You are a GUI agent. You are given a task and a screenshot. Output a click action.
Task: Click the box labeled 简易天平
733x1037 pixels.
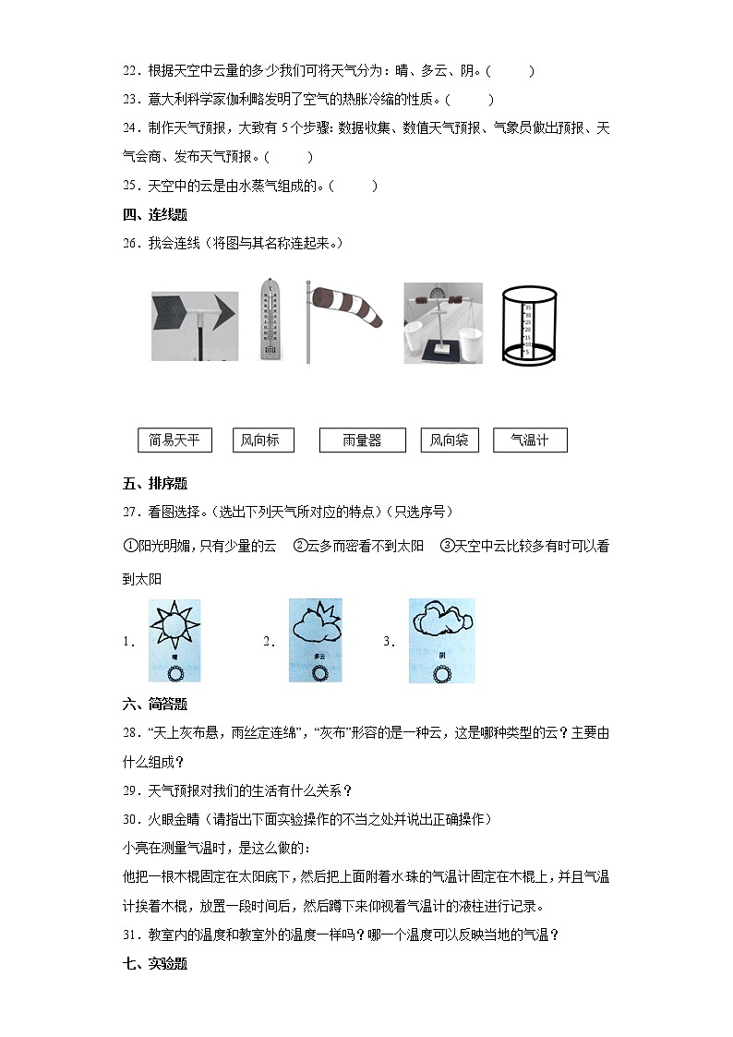pyautogui.click(x=174, y=440)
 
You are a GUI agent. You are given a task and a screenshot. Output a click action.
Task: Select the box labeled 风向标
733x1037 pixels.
pyautogui.click(x=260, y=440)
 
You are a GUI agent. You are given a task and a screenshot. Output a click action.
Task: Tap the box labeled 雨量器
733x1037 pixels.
pyautogui.click(x=362, y=440)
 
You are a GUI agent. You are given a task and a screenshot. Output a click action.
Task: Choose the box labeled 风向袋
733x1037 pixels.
pyautogui.click(x=450, y=440)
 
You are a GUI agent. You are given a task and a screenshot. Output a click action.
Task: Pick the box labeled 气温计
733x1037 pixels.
pyautogui.click(x=530, y=440)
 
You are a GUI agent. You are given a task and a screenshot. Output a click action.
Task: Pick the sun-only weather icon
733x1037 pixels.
pyautogui.click(x=174, y=640)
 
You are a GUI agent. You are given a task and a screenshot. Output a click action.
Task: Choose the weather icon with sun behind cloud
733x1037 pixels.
pyautogui.click(x=317, y=640)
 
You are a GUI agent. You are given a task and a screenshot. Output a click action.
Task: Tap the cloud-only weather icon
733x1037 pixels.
pyautogui.click(x=441, y=640)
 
